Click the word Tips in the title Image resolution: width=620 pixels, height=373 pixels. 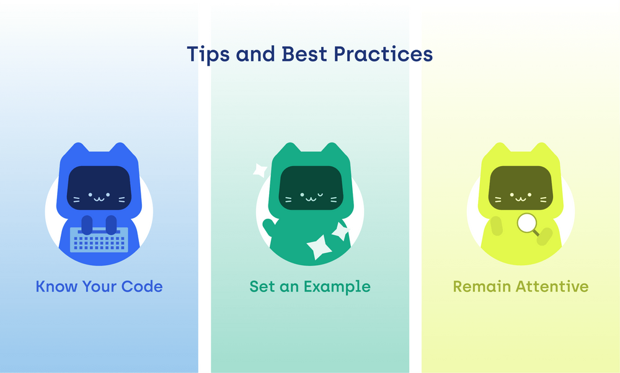(208, 55)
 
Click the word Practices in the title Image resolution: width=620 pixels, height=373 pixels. (383, 54)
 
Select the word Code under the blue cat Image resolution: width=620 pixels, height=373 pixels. (142, 286)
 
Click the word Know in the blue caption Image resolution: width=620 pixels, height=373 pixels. (56, 286)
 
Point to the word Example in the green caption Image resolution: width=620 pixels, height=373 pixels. (337, 287)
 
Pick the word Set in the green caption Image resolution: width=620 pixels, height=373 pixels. (262, 286)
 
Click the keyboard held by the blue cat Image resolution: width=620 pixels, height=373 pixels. (99, 240)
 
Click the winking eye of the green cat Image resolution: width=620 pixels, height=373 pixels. (320, 195)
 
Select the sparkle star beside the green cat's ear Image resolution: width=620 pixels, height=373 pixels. (260, 170)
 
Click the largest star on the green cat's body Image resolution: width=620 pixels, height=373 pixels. (319, 247)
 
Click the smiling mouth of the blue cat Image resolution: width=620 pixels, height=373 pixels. (99, 199)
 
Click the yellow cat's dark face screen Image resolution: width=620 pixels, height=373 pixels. (520, 188)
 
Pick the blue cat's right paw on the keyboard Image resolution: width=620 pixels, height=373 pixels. (111, 225)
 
